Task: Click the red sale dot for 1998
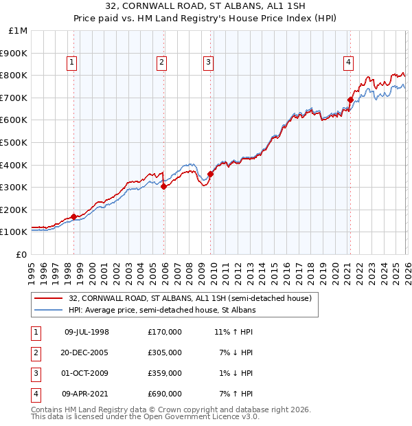pos(73,216)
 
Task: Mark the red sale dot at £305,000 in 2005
pos(163,186)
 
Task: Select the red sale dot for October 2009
pos(210,174)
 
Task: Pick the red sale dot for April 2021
pos(350,100)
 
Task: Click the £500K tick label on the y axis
pos(14,142)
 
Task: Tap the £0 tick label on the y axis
pos(21,254)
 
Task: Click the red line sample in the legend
pos(49,298)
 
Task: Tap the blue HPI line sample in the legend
pos(49,310)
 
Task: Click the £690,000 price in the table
pos(165,394)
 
